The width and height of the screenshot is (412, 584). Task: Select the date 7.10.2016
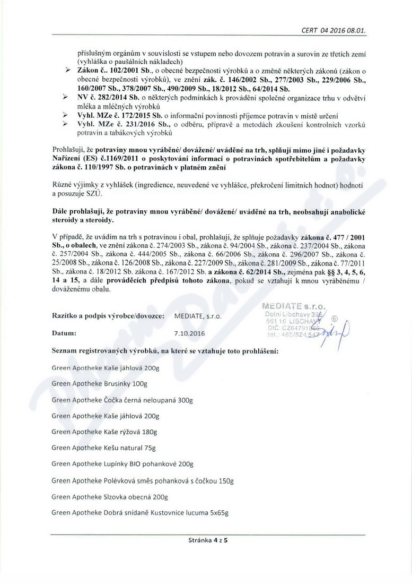pyautogui.click(x=189, y=333)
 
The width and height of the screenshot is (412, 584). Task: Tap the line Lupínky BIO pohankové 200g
pyautogui.click(x=122, y=464)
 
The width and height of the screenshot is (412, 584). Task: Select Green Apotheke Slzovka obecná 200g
pyautogui.click(x=109, y=497)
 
